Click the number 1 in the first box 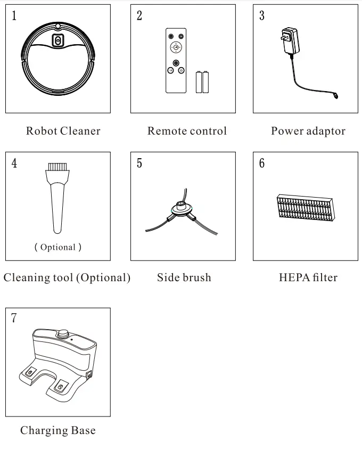14,15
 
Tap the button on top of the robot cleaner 57,41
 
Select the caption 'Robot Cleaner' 63,131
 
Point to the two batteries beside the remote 202,82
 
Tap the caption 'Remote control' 187,131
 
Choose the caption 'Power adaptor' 308,131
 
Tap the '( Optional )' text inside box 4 58,247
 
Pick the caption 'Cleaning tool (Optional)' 67,277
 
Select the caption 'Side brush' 184,277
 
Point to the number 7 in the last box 14,319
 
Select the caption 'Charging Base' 58,430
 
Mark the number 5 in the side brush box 139,163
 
